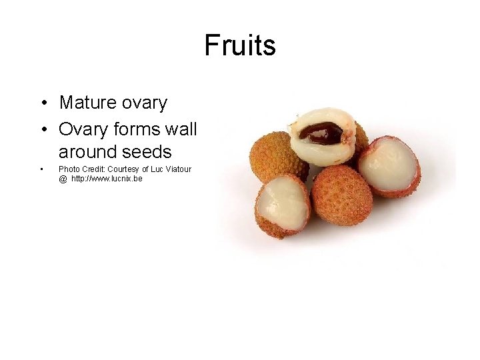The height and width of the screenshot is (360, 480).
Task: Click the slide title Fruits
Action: click(x=240, y=45)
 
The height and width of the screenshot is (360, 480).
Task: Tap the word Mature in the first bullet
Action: click(x=85, y=103)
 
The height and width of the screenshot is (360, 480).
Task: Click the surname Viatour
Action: click(x=177, y=169)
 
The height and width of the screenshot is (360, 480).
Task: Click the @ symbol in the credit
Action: click(x=63, y=179)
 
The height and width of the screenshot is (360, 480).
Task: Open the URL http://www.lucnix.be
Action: click(x=107, y=179)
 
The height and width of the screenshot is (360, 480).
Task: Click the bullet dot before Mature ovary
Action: click(x=42, y=103)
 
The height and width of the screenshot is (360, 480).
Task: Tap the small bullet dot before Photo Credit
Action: click(x=41, y=169)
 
